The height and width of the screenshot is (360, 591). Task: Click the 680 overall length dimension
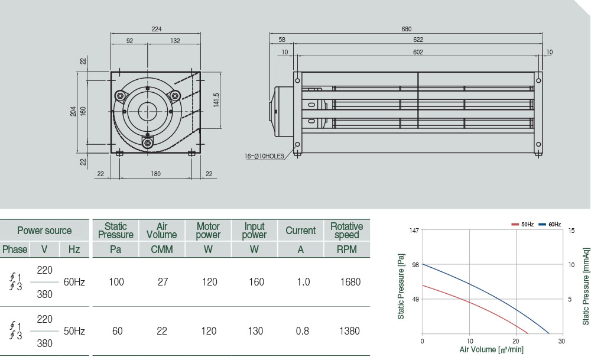[406, 29]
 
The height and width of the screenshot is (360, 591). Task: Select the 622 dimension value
[418, 40]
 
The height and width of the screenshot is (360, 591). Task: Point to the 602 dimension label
[418, 52]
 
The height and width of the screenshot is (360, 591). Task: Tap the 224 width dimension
[156, 29]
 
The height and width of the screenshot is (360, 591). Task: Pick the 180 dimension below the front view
[156, 173]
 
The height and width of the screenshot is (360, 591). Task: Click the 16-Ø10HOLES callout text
[264, 157]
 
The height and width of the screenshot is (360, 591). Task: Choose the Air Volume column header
[162, 231]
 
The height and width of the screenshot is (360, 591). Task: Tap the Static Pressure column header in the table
[116, 231]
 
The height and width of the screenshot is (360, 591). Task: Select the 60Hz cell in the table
[74, 282]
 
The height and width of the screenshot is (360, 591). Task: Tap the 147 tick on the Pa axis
[414, 230]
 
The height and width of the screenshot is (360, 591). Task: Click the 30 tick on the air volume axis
[561, 342]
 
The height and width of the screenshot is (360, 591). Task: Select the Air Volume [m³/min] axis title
[492, 350]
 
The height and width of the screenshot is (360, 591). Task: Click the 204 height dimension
[73, 111]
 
